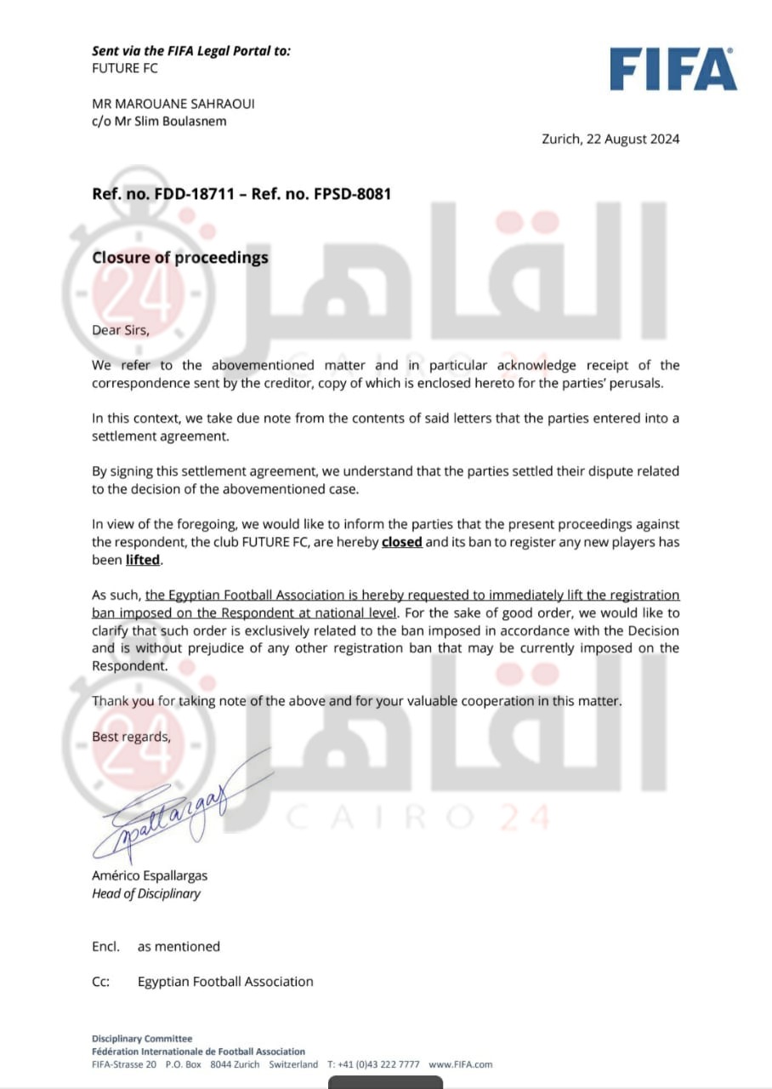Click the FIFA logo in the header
pos(673,69)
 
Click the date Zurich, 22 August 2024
pos(610,140)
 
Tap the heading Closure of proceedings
pos(180,257)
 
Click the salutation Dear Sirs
pos(120,331)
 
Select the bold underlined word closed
pos(402,542)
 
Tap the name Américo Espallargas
pos(150,875)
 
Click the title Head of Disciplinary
pos(146,893)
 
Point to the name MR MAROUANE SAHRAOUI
pos(173,104)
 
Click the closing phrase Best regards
pos(131,737)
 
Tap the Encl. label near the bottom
pos(105,946)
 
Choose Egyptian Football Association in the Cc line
pos(225,982)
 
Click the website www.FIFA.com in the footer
pos(460,1064)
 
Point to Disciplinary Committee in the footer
pos(142,1039)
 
